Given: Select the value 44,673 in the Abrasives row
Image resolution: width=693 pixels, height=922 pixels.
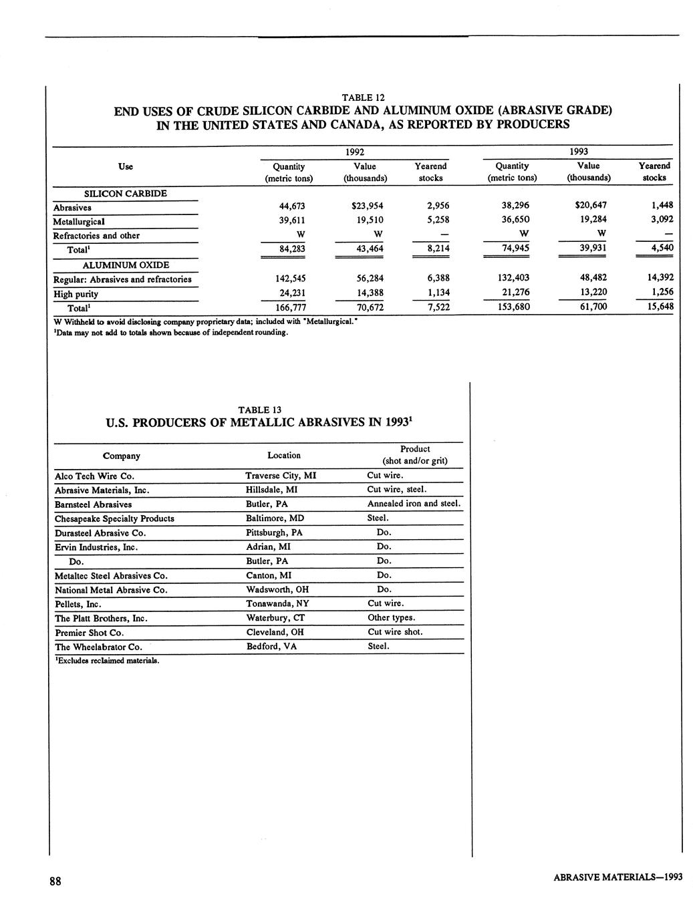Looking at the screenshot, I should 291,206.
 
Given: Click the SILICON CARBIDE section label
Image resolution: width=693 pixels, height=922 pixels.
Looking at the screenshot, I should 125,194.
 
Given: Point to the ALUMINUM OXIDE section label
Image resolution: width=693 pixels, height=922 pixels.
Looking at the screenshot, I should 125,265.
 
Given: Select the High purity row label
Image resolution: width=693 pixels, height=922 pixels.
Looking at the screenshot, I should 76,294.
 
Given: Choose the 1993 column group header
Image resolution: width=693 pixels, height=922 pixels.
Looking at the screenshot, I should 578,152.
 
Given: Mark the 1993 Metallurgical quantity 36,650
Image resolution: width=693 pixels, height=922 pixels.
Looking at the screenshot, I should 515,220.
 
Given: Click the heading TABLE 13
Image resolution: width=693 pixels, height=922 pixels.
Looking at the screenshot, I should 259,410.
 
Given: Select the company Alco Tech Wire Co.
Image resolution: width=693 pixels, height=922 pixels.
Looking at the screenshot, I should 94,476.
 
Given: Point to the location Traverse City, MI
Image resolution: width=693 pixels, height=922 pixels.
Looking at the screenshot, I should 281,476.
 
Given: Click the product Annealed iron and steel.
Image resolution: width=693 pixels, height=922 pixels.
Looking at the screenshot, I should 414,504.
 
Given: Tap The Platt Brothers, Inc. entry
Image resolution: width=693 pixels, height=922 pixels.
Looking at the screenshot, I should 101,619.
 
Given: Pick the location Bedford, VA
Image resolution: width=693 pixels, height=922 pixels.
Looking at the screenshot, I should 271,647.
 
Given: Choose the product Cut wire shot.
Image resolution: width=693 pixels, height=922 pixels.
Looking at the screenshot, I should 395,632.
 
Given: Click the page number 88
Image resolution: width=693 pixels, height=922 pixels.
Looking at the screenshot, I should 55,881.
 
